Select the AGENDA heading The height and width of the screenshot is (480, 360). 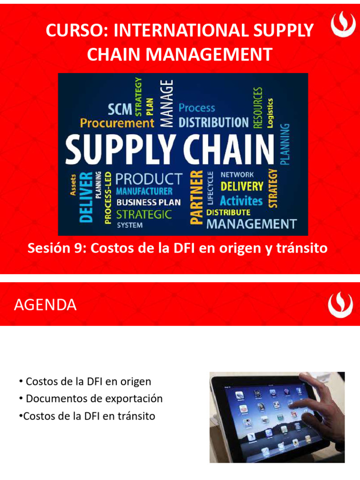[x=45, y=305]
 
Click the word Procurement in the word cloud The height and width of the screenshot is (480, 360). [x=117, y=123]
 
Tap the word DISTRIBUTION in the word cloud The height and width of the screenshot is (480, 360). [x=214, y=122]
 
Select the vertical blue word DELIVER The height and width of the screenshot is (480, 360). [x=86, y=197]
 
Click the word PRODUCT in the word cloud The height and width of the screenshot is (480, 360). [x=149, y=179]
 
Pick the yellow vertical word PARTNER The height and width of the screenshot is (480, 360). [x=196, y=196]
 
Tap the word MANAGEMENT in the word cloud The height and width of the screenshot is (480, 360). [x=252, y=224]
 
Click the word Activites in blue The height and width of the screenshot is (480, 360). [x=241, y=201]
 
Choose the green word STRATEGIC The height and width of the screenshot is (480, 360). [x=144, y=215]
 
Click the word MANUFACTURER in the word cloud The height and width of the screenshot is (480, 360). [x=144, y=191]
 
